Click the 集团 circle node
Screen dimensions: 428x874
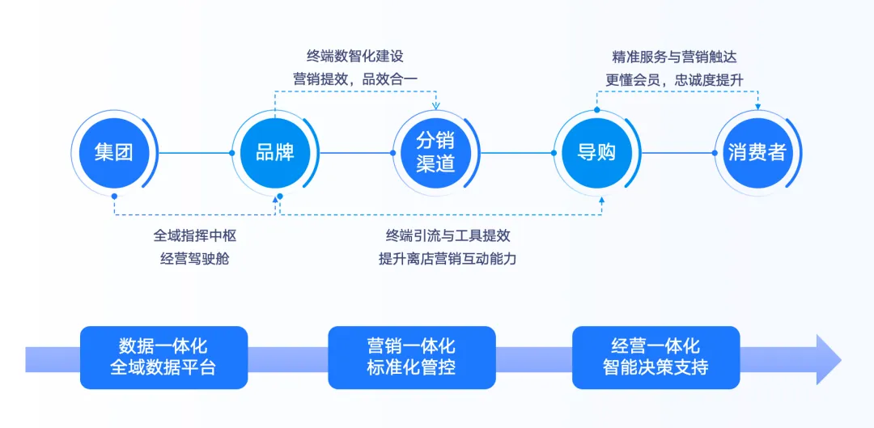(113, 152)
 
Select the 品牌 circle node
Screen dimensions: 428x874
(274, 152)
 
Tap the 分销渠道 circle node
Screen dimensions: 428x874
(435, 152)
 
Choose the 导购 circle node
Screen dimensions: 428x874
(596, 152)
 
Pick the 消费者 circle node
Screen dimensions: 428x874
(757, 152)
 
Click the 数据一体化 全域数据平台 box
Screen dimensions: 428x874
(163, 357)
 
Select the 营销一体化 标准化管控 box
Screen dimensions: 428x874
(411, 357)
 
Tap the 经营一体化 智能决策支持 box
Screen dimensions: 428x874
(655, 357)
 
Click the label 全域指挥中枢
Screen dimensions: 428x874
(195, 235)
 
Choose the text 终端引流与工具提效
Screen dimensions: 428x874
(448, 235)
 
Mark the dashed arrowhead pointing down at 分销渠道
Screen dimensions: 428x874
(435, 106)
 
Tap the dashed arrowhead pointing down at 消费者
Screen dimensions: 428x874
(757, 106)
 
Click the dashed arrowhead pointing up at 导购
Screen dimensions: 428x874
(601, 201)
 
